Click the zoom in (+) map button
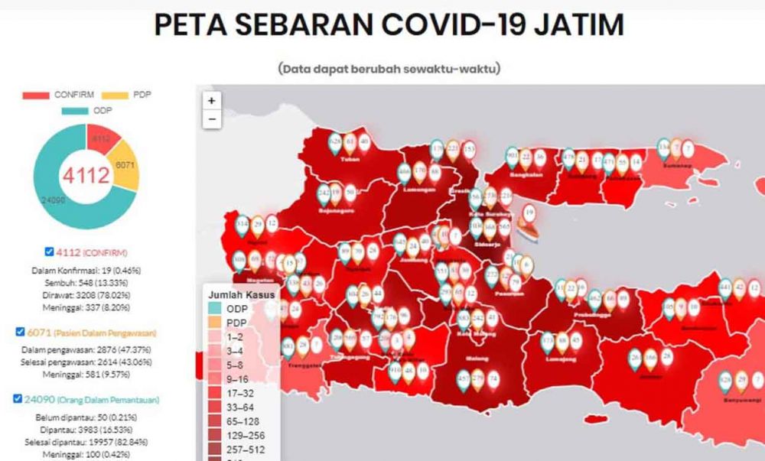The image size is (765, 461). point(212,100)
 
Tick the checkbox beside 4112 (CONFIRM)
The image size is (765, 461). point(49,252)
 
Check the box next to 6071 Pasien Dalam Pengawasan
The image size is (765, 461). point(21,332)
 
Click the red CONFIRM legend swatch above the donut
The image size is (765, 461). point(36,96)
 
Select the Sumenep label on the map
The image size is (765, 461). point(672,164)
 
